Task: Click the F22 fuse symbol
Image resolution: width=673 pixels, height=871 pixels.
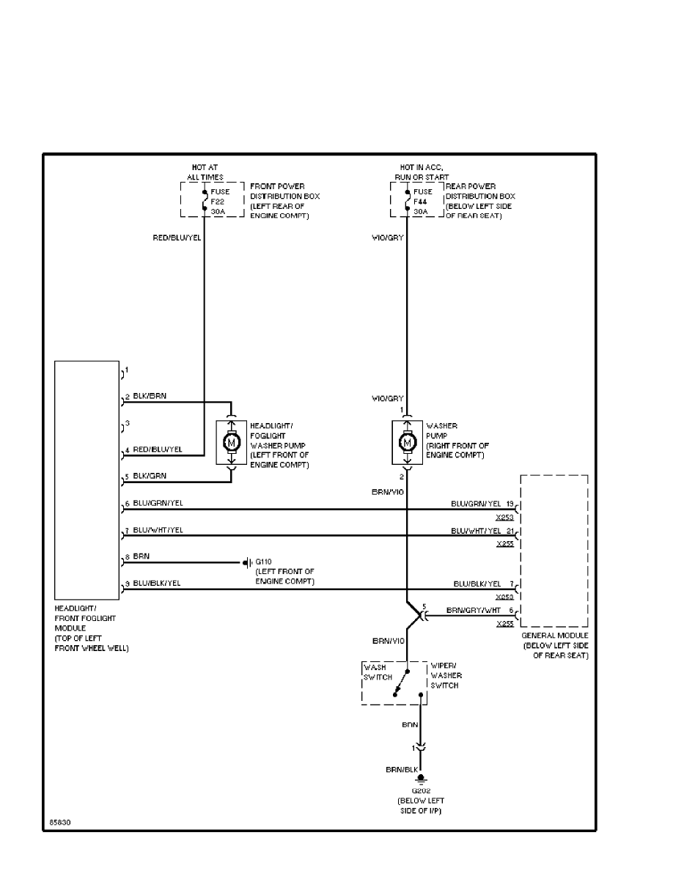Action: pos(204,200)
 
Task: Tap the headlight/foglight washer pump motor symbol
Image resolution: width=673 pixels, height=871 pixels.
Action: pos(231,443)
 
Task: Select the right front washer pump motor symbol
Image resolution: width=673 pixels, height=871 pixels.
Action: pos(406,443)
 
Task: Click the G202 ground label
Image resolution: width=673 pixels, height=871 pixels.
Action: pos(420,791)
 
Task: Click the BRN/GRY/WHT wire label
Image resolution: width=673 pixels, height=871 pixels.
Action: pos(473,610)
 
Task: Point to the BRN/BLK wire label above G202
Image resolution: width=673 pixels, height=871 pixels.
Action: pos(402,770)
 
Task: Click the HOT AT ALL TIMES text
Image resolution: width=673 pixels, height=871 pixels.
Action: pos(205,172)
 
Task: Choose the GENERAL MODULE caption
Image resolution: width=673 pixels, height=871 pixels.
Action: pos(554,636)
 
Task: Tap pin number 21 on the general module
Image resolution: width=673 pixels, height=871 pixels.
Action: pos(510,529)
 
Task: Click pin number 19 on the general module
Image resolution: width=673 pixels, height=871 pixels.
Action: pos(510,503)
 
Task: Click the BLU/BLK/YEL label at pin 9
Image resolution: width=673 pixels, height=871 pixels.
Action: pos(157,583)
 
